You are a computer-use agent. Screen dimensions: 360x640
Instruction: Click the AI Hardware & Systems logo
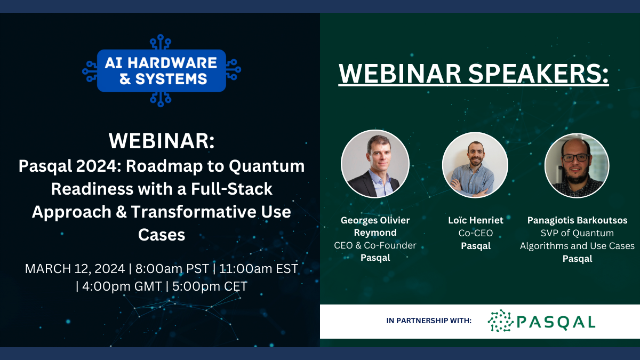pos(162,70)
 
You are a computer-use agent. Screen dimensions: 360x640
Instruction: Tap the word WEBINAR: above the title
pos(162,141)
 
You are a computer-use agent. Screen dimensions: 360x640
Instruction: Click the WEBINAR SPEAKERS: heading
pos(474,74)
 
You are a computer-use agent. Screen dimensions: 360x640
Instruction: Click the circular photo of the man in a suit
pos(375,164)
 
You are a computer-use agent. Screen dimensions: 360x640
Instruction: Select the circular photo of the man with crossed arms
pos(475,165)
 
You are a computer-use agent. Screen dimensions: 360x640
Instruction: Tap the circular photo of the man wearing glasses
pos(577,166)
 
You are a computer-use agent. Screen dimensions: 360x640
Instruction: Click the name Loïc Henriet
pos(475,220)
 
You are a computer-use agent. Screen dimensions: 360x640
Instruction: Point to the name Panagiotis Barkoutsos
pos(577,220)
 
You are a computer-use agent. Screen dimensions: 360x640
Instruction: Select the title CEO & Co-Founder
pos(375,245)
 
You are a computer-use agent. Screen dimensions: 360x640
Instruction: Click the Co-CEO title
pos(475,233)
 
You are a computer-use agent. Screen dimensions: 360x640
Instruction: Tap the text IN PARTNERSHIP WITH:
pos(429,321)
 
